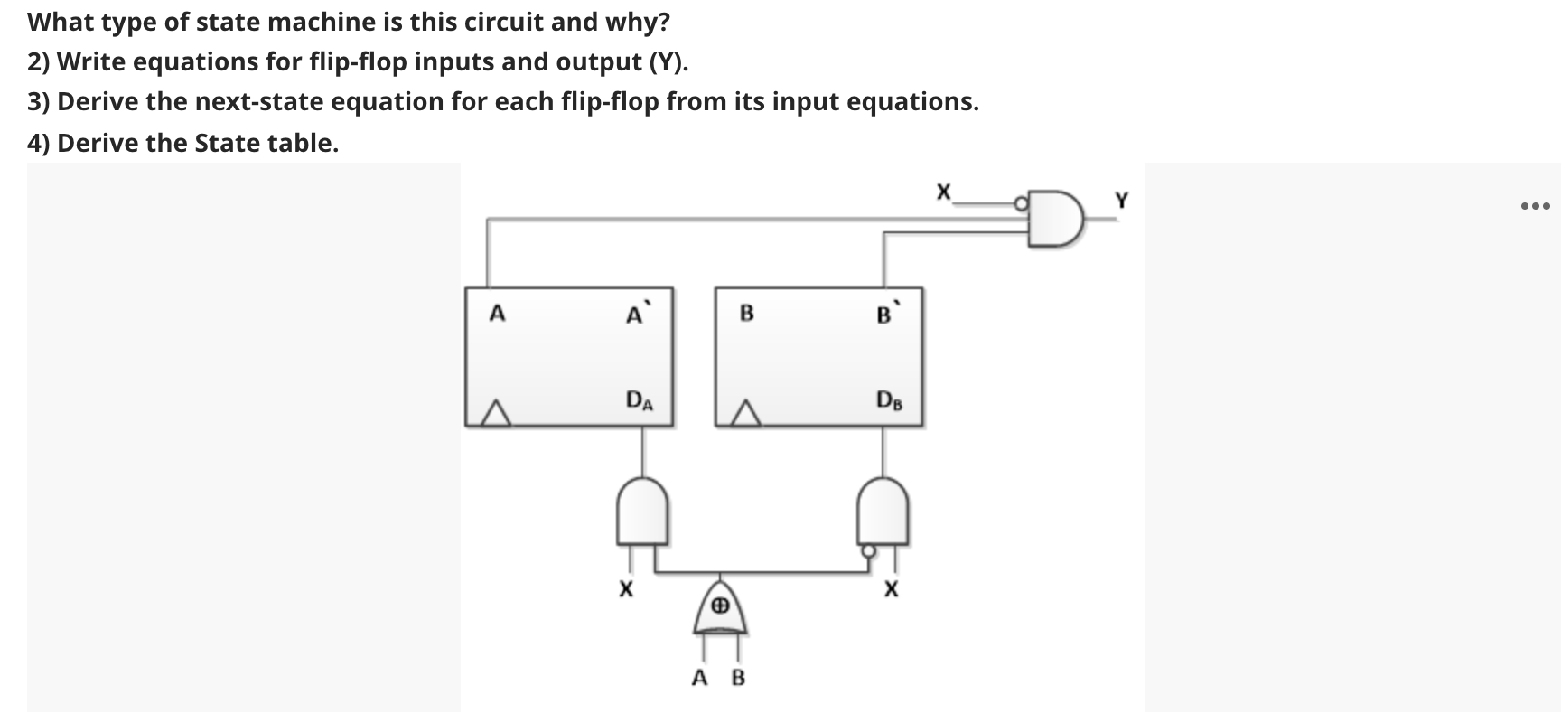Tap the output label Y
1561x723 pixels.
point(1121,201)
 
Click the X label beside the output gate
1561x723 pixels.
point(943,192)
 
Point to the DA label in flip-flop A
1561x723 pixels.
point(640,399)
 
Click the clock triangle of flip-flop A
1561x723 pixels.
point(493,415)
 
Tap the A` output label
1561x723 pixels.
point(636,315)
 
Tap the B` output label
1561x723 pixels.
point(885,315)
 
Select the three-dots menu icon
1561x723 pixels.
point(1535,207)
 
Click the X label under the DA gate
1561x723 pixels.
point(624,591)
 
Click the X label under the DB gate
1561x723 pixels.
point(892,591)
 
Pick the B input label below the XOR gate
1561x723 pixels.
point(738,678)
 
